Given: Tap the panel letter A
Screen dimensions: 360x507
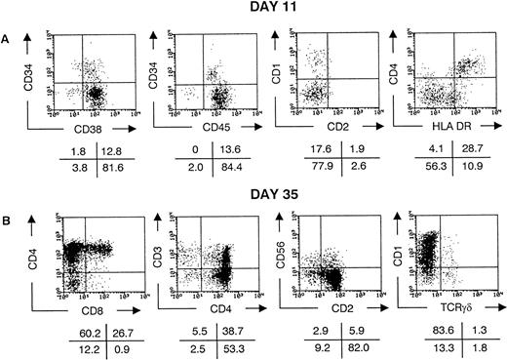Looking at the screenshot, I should [x=10, y=30].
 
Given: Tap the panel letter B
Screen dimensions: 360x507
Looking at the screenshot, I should [x=10, y=210].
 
